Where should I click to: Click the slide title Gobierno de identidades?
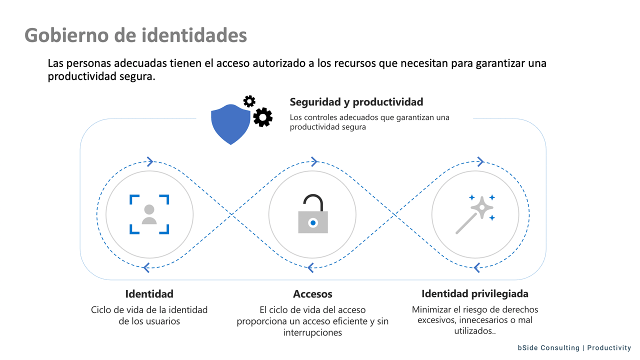[135, 35]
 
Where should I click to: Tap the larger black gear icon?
[262, 117]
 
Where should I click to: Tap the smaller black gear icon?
[249, 101]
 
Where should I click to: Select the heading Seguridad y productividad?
[356, 102]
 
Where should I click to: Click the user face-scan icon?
[149, 214]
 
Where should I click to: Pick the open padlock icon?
[312, 214]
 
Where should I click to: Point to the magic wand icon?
[475, 214]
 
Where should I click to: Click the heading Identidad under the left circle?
[149, 293]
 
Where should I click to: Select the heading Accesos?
[312, 294]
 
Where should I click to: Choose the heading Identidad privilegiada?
[474, 293]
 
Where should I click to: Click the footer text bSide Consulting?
[548, 348]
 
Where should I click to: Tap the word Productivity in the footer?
[609, 348]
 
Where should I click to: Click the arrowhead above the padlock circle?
[314, 161]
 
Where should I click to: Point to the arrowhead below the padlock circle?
[310, 268]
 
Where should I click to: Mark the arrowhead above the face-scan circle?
[149, 161]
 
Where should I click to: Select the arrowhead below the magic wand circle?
[476, 268]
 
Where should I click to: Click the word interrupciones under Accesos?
[312, 332]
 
